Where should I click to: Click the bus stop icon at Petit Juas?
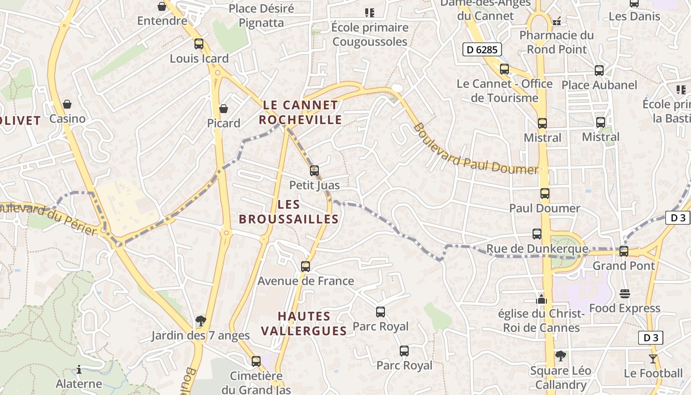tap(314, 171)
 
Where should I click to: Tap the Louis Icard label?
tap(199, 58)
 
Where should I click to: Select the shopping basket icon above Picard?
tap(224, 108)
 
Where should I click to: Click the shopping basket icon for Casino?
tap(67, 104)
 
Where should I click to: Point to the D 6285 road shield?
tap(482, 49)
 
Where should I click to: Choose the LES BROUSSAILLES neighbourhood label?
tap(289, 212)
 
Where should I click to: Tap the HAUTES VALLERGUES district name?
tap(304, 323)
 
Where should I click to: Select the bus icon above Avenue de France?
tap(306, 267)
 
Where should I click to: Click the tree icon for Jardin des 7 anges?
tap(200, 321)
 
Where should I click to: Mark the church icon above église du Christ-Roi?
tap(541, 299)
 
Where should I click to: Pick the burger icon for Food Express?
tap(624, 294)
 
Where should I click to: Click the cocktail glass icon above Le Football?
tap(653, 359)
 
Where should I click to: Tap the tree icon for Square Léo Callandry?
tap(560, 356)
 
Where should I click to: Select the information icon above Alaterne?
tap(79, 369)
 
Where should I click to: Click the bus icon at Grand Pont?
tap(624, 251)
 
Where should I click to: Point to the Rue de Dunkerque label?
tap(537, 249)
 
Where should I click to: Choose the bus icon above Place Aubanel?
tap(599, 71)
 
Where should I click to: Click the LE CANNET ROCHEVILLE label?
tap(300, 112)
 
